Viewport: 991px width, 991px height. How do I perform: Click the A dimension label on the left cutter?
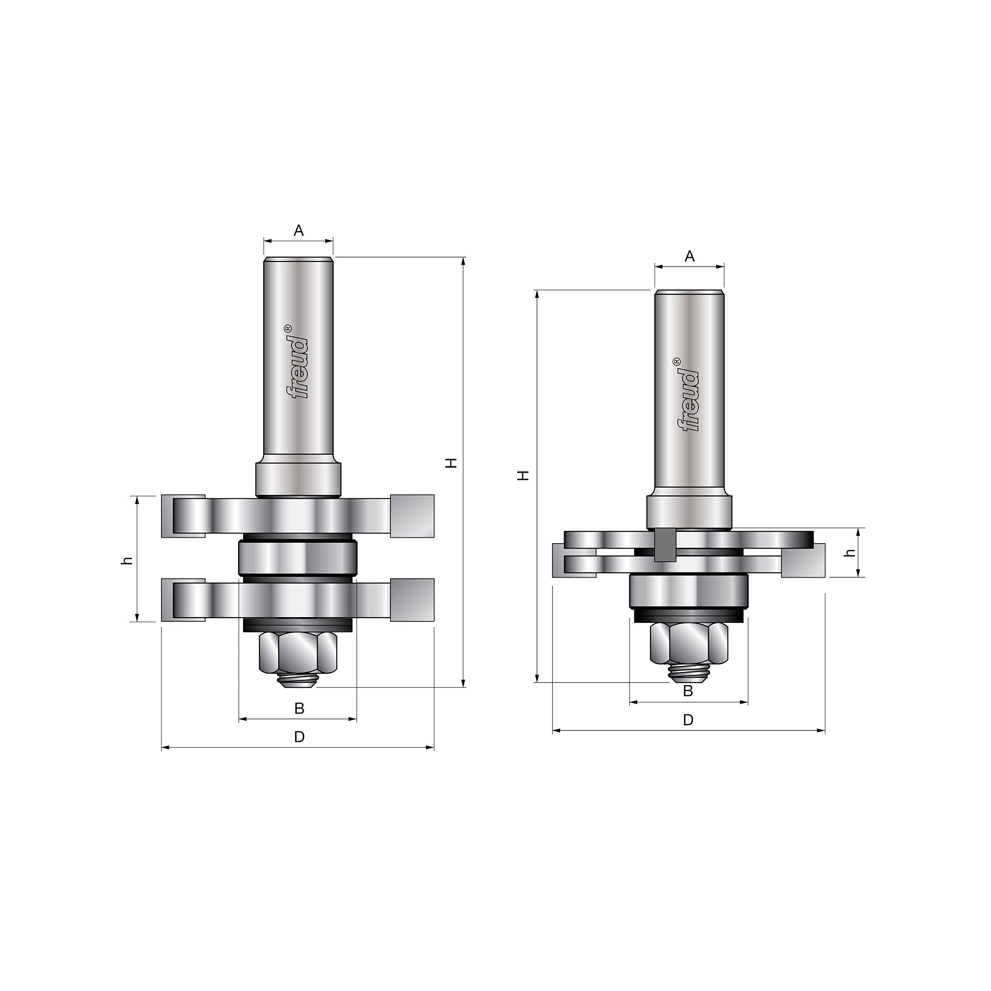(298, 231)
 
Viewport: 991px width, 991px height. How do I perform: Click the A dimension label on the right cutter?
(690, 256)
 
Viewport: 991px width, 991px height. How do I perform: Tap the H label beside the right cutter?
(523, 475)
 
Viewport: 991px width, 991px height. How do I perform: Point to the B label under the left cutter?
(299, 708)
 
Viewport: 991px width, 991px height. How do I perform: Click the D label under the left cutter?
(299, 737)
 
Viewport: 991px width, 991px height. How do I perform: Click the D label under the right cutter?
(688, 720)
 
